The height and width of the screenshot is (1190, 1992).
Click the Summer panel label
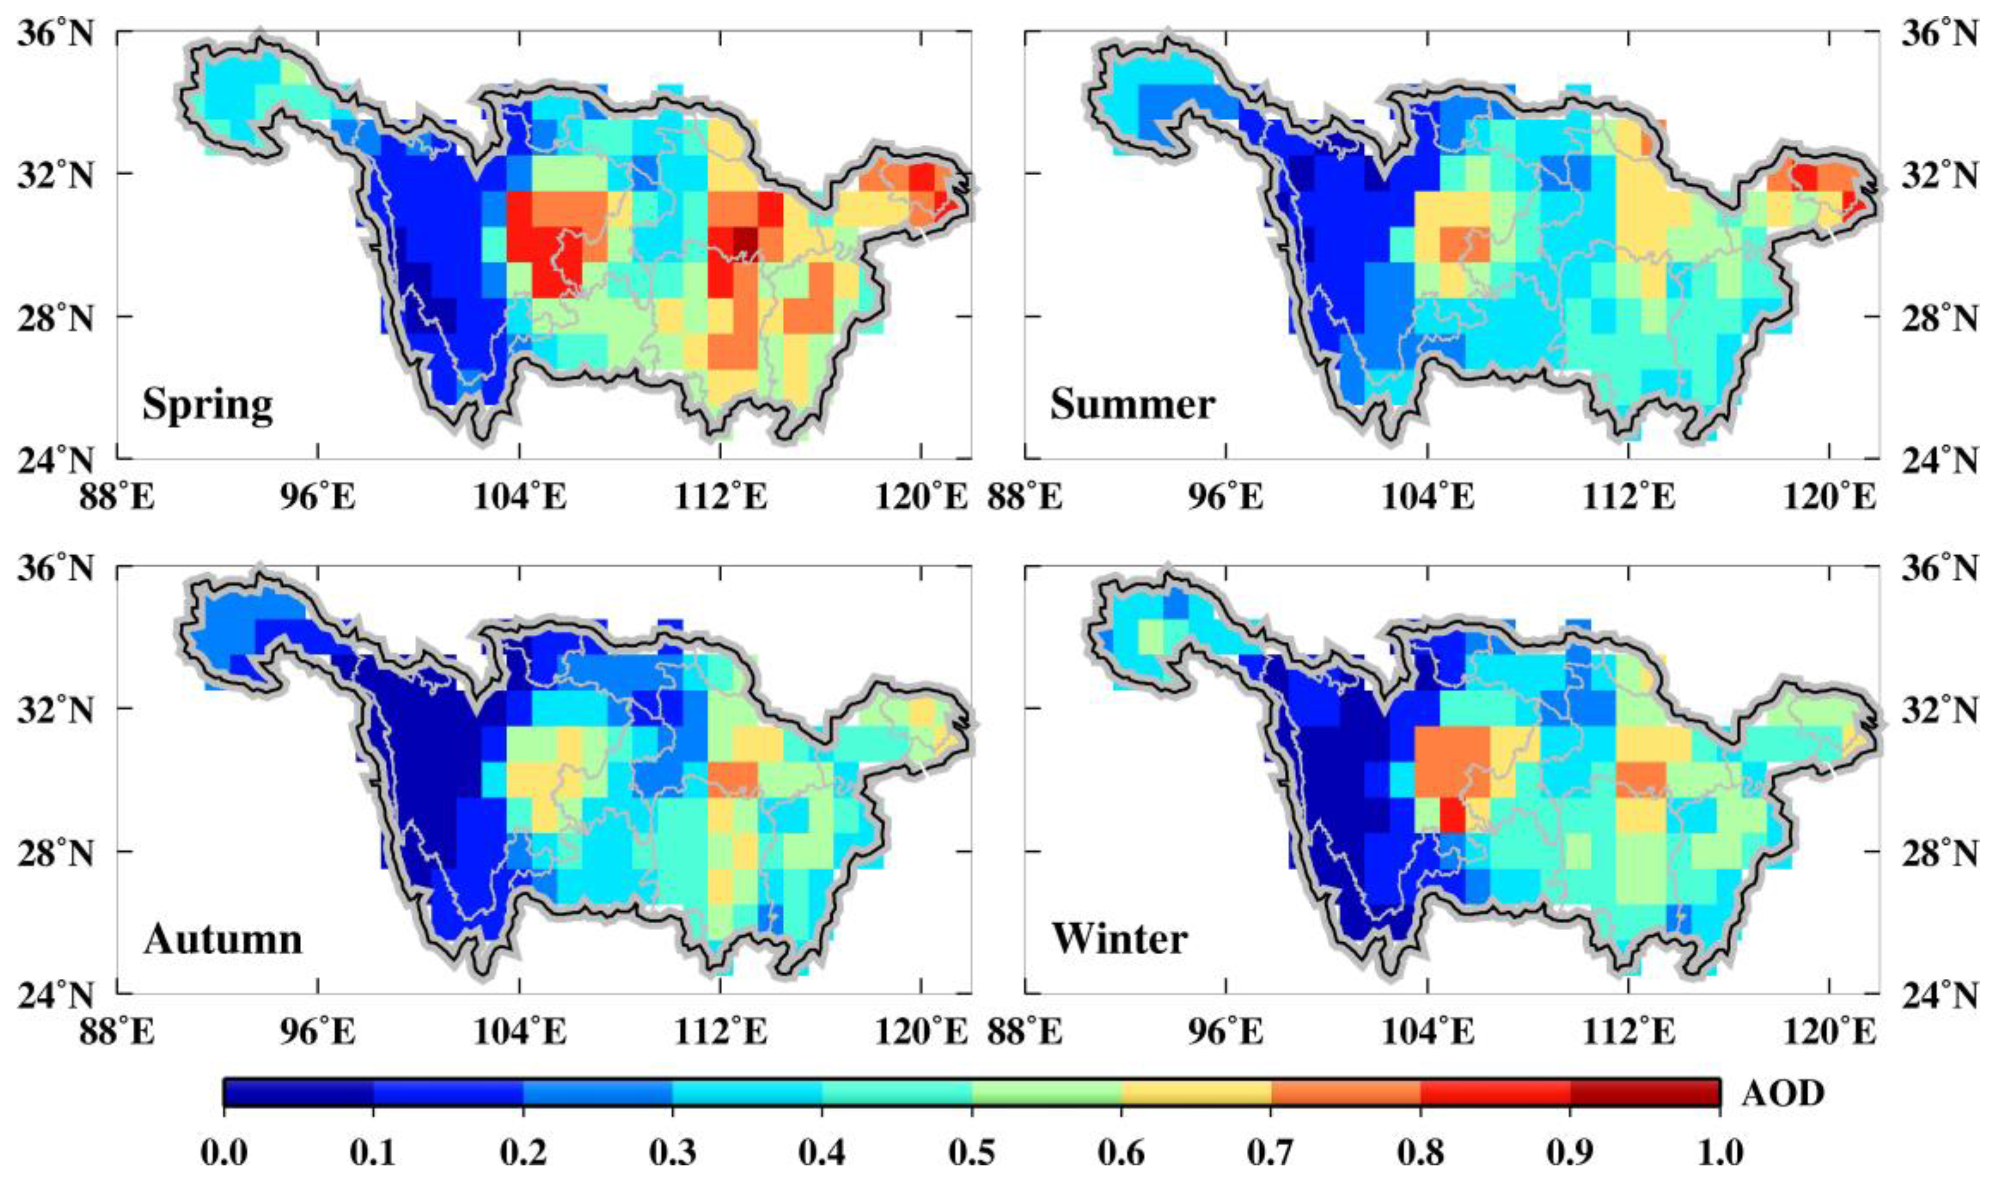1132,404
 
